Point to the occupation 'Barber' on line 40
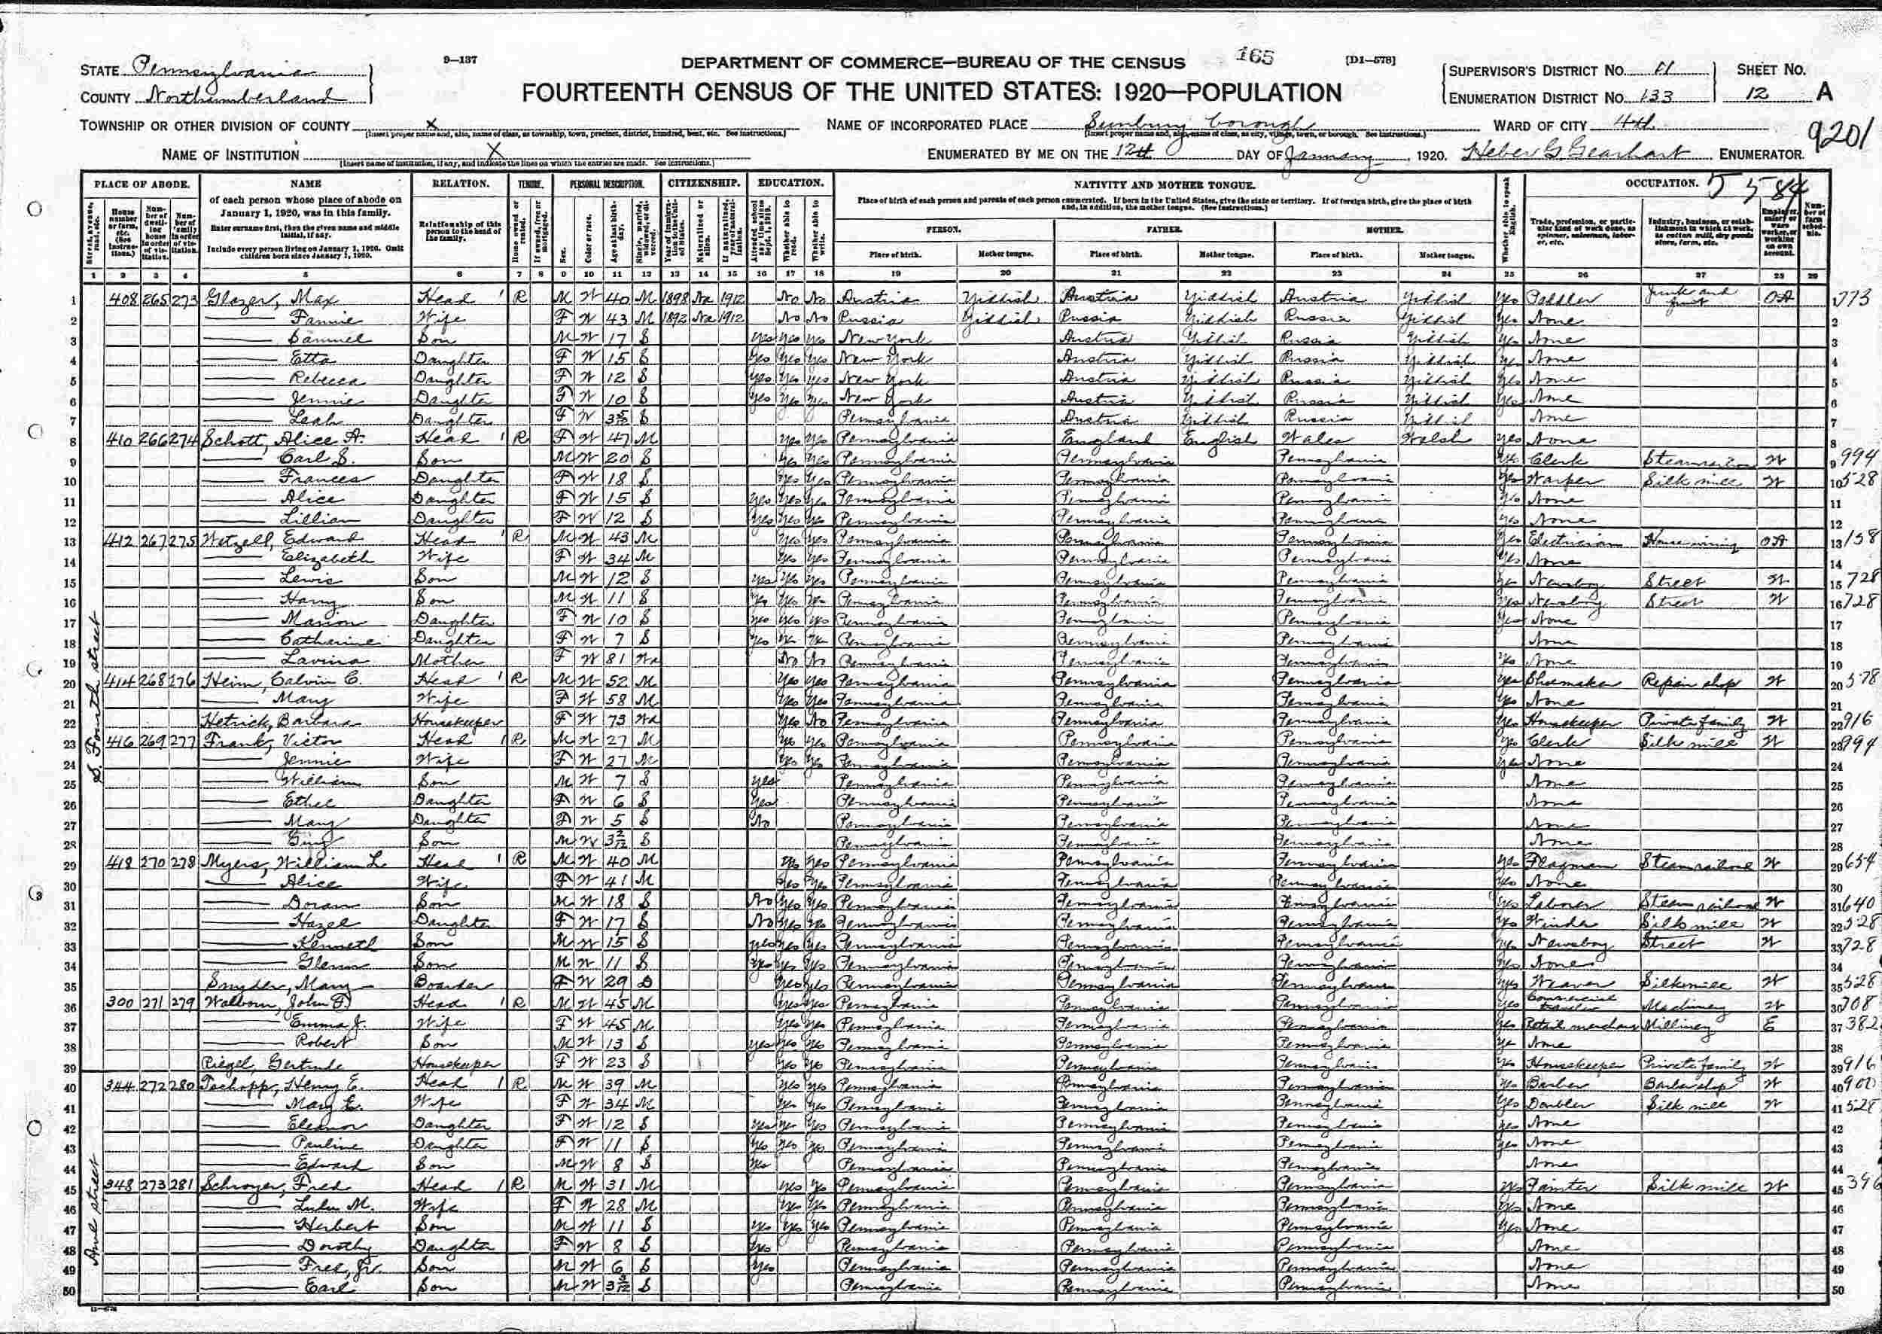tap(1548, 1084)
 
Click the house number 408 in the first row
tap(123, 298)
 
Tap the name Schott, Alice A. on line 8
tap(271, 439)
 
